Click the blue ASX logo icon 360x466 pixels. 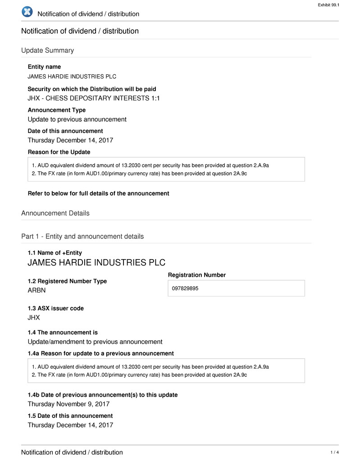(27, 12)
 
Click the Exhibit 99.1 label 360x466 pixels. (328, 5)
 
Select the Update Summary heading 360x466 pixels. (47, 50)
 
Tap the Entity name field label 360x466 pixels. (44, 67)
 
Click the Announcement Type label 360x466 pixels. (56, 110)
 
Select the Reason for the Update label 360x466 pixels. (59, 152)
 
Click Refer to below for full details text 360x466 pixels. (98, 193)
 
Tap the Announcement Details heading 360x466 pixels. (55, 213)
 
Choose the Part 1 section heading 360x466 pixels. (82, 237)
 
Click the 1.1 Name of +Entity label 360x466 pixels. (55, 253)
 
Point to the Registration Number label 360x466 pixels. (196, 275)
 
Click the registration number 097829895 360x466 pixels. (185, 288)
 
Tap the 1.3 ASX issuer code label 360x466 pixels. (55, 308)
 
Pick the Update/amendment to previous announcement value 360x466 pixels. (95, 342)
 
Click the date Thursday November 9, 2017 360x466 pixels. (68, 404)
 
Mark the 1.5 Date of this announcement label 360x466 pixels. (70, 416)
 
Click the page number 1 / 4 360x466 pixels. (334, 452)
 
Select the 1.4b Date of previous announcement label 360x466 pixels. (102, 395)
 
